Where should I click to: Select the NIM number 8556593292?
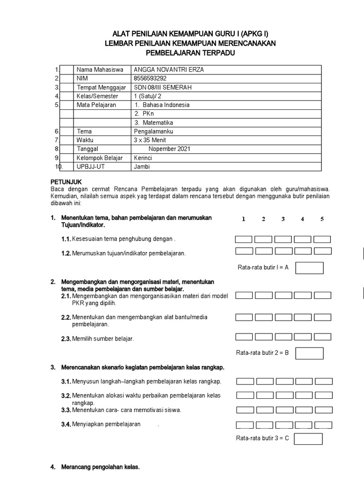151,78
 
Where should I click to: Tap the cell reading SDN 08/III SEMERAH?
164,87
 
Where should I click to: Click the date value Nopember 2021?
169,149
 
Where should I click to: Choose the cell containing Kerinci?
143,158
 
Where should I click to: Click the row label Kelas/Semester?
96,96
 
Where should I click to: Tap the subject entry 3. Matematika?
154,123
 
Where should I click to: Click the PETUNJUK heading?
66,181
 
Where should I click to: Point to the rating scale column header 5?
322,219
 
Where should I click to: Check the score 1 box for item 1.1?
244,239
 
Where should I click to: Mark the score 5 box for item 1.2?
322,251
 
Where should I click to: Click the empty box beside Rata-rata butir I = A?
309,268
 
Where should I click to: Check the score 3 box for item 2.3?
283,337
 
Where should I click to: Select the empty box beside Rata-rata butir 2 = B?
309,353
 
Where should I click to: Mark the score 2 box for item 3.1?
265,381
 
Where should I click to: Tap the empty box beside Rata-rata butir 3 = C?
308,439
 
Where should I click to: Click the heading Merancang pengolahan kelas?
100,467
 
